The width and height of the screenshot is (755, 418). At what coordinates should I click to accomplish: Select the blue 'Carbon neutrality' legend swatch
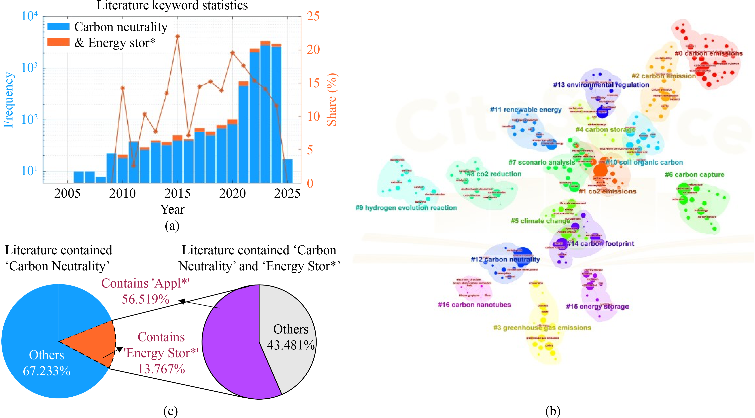coord(58,27)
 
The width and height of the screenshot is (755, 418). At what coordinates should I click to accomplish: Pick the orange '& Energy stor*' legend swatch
coord(58,43)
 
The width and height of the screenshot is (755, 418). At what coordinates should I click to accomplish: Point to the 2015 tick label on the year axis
coord(177,193)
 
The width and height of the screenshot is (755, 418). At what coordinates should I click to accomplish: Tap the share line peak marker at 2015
coord(177,36)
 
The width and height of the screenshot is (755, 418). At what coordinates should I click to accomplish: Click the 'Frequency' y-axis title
coord(9,100)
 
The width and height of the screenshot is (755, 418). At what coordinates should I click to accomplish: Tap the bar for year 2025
coord(287,171)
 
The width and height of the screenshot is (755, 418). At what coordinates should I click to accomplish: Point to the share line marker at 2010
coord(122,88)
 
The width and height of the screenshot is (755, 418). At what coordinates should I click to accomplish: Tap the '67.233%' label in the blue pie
coord(47,371)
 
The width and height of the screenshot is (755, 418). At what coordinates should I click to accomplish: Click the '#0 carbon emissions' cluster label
coord(708,53)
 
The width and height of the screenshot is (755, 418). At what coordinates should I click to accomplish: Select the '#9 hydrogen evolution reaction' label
coord(406,208)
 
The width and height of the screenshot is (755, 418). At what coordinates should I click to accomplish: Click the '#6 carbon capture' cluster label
coord(694,175)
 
